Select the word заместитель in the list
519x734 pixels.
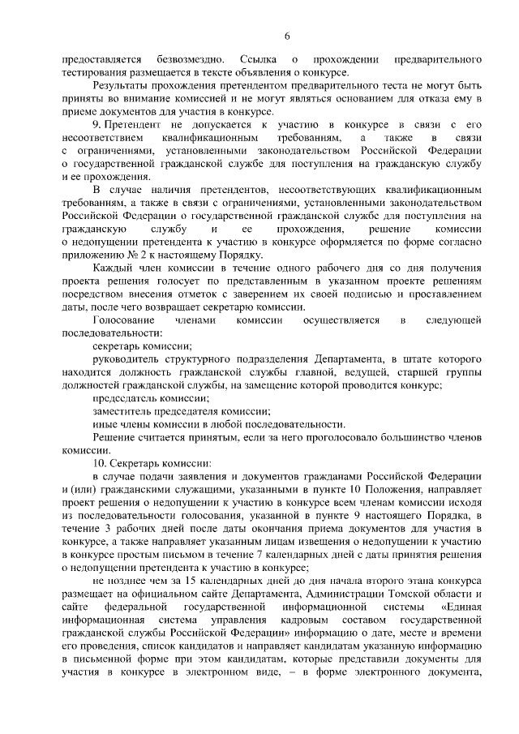click(123, 411)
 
